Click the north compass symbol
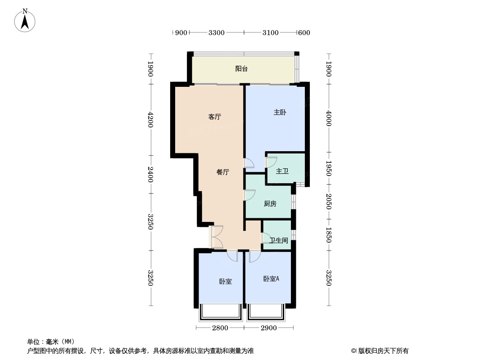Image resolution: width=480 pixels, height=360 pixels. tap(25, 20)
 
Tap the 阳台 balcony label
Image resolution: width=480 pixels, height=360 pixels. tap(241, 69)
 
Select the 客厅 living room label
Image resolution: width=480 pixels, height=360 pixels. tap(215, 117)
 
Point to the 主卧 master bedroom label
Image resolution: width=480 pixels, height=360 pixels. tap(280, 112)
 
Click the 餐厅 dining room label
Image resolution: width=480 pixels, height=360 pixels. tap(223, 172)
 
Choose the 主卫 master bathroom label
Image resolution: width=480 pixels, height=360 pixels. tap(282, 171)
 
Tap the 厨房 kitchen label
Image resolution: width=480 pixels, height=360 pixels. tap(270, 204)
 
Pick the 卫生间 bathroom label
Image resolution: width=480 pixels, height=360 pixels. tap(279, 241)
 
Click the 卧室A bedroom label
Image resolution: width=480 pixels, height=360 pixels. tap(271, 279)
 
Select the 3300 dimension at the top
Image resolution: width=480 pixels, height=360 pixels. tap(217, 32)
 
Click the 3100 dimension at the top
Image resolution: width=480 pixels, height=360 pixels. tap(270, 32)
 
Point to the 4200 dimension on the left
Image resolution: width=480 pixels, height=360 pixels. tap(150, 120)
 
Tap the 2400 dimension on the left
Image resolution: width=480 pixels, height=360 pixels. tap(150, 175)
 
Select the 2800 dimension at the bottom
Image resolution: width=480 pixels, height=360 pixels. tap(220, 328)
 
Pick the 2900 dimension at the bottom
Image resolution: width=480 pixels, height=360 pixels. tap(269, 328)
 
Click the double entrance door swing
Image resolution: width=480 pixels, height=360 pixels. tap(216, 237)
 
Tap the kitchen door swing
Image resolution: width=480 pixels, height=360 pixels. tap(249, 195)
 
